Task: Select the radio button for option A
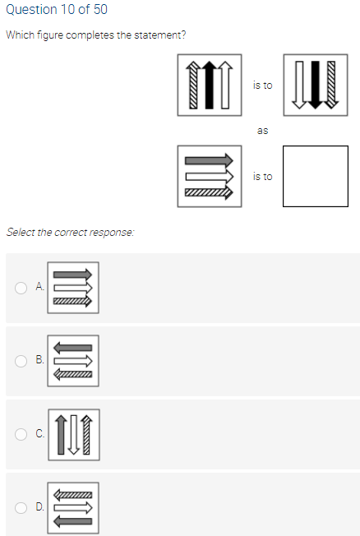tap(21, 287)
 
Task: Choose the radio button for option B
tap(21, 360)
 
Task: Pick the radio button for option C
tap(21, 434)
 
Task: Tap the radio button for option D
tap(21, 507)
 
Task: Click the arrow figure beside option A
tap(73, 287)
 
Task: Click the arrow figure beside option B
tap(73, 360)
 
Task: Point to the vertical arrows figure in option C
tap(73, 434)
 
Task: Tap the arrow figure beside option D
tap(73, 507)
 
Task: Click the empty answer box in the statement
tap(315, 177)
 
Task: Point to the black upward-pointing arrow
tap(209, 85)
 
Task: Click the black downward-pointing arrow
tap(316, 85)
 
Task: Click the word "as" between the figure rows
tap(262, 130)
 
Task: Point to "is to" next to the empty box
tap(262, 176)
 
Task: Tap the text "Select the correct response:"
tap(70, 232)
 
